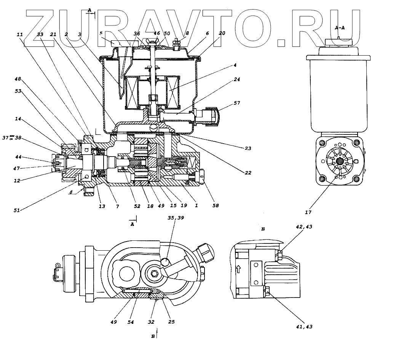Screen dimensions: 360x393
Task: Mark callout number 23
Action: click(x=248, y=149)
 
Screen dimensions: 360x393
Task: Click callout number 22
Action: click(x=248, y=173)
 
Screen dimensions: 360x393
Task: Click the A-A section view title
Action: click(x=340, y=27)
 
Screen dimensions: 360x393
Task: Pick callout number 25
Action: click(x=171, y=322)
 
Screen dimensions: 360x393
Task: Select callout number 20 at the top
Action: click(x=222, y=34)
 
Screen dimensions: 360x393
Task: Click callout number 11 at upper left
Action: click(x=20, y=34)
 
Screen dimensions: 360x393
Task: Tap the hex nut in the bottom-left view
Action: click(x=155, y=273)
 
